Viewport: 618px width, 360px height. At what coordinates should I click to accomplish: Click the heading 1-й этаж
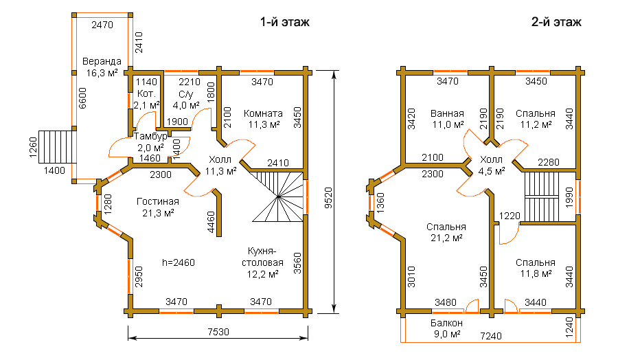284,22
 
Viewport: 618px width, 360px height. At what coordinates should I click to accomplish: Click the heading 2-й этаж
556,22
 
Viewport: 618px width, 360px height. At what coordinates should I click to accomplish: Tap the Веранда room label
102,62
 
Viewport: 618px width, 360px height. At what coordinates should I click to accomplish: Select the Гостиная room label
158,201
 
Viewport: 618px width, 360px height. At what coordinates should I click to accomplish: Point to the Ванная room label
447,113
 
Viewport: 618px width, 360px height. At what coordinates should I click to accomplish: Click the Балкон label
446,323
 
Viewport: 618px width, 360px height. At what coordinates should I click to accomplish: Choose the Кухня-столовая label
262,257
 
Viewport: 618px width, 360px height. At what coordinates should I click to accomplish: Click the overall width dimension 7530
218,332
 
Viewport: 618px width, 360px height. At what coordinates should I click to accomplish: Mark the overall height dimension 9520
328,198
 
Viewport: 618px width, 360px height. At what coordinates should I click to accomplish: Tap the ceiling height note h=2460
179,262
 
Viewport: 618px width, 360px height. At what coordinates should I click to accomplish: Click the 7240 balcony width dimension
491,336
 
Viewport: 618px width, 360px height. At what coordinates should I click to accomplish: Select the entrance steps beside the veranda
57,147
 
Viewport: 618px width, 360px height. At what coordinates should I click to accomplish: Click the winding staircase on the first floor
277,196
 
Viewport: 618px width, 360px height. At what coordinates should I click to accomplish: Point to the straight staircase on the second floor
542,196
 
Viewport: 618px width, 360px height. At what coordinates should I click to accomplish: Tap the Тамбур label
150,137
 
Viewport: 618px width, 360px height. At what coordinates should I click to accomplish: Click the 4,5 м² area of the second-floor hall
492,172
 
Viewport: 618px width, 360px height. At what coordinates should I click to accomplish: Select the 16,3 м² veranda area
102,73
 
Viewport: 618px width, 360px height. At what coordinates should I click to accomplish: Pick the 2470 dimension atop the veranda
102,25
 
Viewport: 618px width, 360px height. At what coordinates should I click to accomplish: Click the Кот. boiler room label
147,94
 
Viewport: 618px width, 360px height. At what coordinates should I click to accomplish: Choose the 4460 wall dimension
211,222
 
